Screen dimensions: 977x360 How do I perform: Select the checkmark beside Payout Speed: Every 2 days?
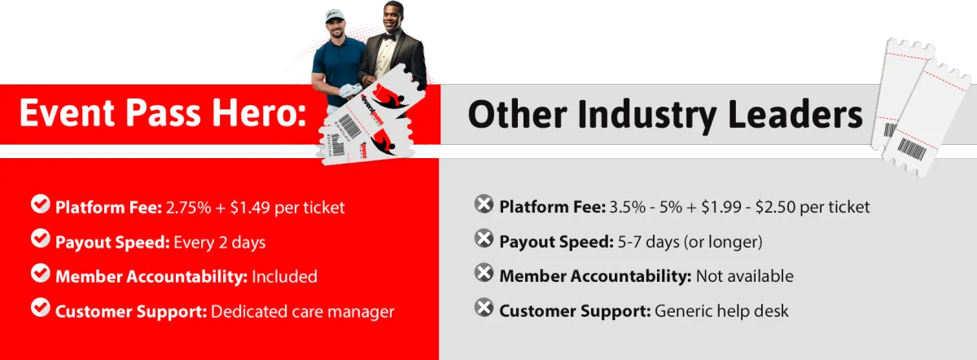(41, 239)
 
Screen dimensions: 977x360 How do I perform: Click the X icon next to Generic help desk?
(484, 308)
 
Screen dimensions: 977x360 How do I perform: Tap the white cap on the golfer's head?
(335, 16)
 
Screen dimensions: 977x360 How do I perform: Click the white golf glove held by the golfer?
(350, 90)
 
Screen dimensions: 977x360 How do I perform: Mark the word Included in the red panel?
(284, 277)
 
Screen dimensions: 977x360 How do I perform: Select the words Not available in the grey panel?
(744, 276)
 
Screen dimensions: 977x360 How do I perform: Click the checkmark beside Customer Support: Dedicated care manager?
(41, 308)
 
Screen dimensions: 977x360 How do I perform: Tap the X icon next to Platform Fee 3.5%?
(484, 204)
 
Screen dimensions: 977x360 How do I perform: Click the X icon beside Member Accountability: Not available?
(484, 273)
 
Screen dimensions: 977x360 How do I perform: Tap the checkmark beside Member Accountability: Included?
(41, 274)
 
